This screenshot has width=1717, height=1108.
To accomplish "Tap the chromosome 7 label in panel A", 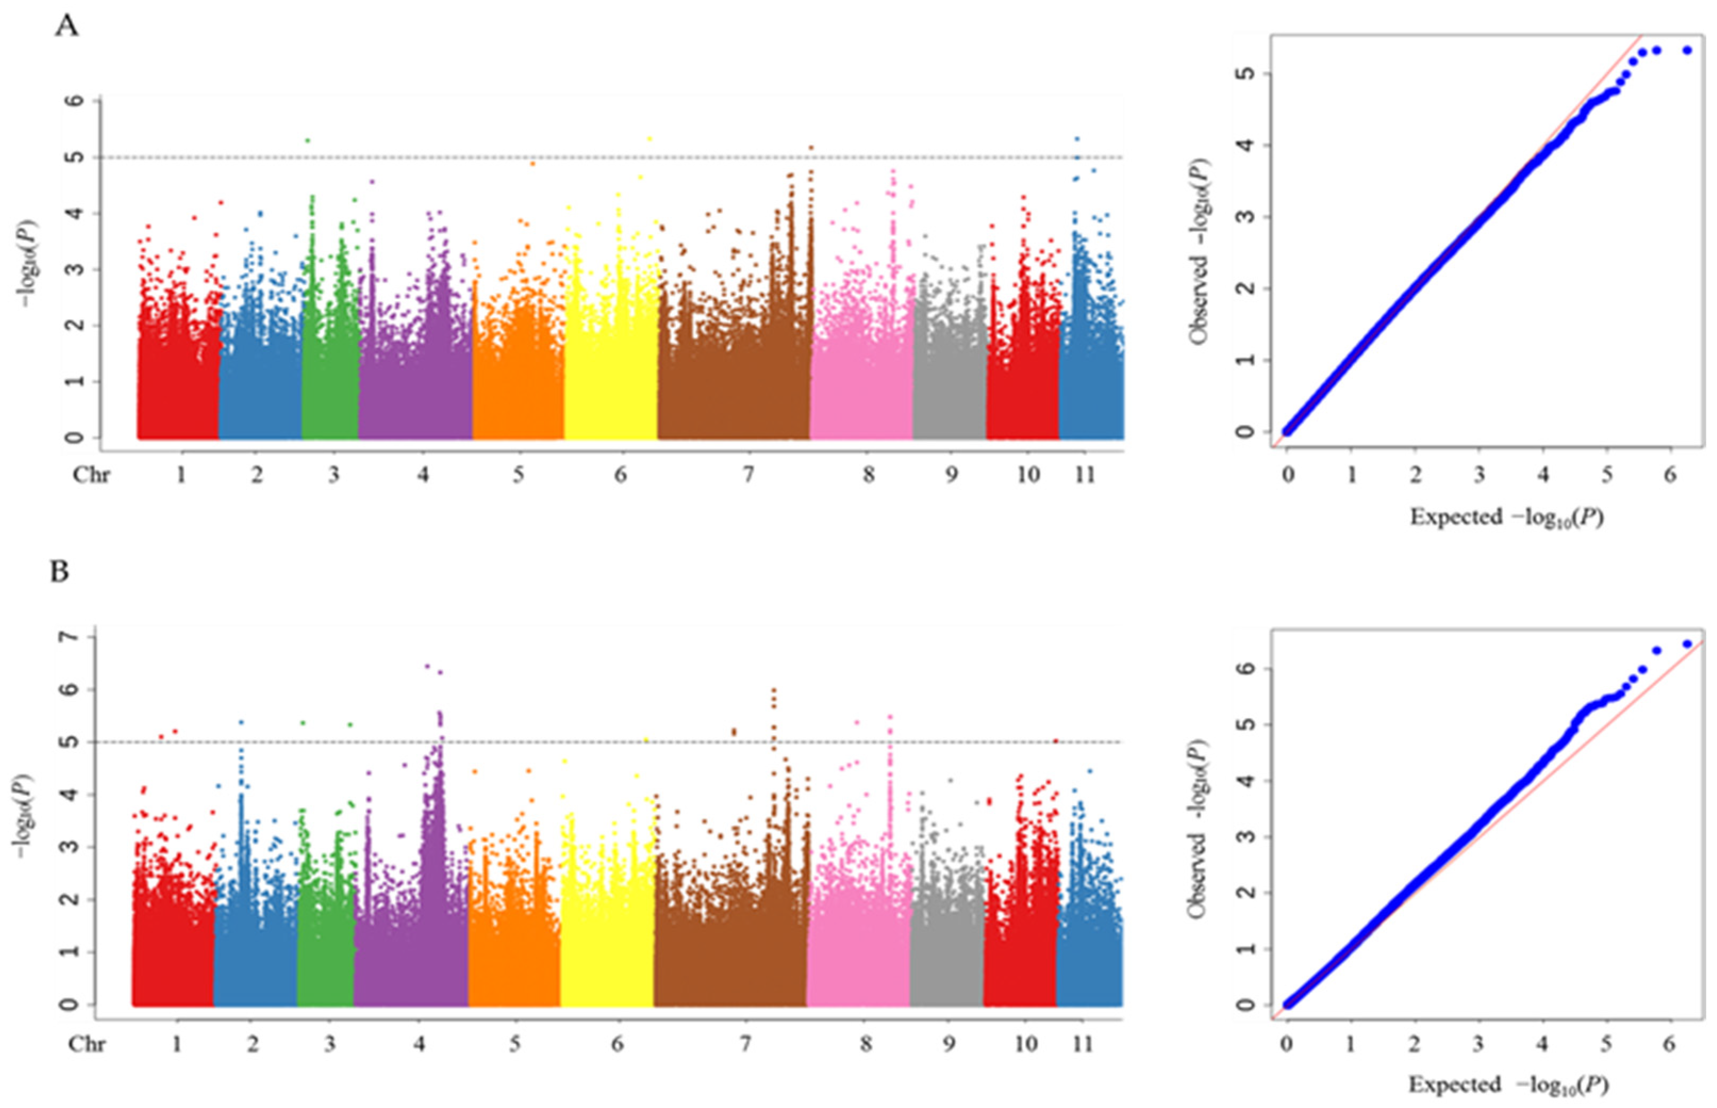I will coord(748,475).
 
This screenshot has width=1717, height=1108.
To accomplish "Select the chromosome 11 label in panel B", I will coord(1083,1043).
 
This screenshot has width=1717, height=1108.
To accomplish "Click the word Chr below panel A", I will coord(92,475).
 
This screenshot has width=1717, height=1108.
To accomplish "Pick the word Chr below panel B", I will coord(87,1043).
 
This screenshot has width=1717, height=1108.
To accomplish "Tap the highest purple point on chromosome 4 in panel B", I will coord(427,666).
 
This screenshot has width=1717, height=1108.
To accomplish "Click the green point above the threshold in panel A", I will coord(308,141).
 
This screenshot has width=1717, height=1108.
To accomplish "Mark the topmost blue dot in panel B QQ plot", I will coord(1687,644).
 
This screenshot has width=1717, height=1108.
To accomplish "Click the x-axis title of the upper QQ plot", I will coord(1506,517).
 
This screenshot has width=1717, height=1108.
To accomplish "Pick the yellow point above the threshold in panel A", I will coord(650,139).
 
